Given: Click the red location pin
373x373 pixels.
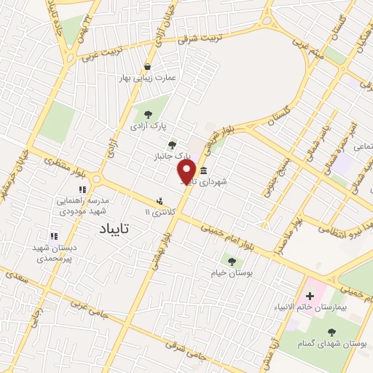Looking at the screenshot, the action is point(186,171).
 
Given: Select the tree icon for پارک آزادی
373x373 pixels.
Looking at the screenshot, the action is point(148,114).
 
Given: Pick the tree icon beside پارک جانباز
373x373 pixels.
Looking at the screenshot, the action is point(172,145).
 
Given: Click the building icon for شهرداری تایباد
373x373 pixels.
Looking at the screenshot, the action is point(203,171).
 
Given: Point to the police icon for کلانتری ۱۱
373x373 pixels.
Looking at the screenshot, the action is point(160,201).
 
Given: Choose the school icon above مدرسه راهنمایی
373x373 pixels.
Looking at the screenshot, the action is point(82,189).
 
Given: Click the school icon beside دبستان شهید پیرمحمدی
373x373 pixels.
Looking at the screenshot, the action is point(53,235).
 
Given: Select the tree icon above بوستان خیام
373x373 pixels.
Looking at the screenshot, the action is point(232,261).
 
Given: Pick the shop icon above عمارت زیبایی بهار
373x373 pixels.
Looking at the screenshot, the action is point(148,67).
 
